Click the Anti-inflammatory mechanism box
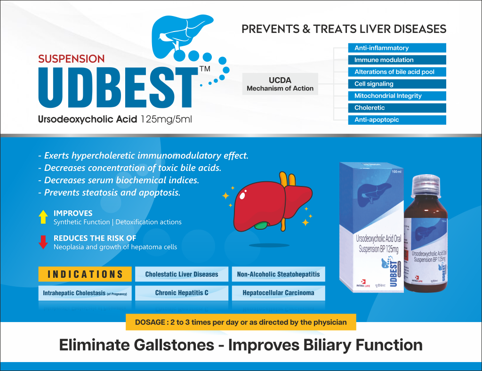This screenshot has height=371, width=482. click(397, 48)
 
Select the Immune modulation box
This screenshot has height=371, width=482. click(397, 60)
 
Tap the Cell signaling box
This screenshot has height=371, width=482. click(397, 84)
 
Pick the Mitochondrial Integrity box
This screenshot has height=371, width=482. click(397, 96)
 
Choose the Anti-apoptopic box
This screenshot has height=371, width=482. click(397, 120)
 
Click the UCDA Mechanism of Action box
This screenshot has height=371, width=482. click(280, 84)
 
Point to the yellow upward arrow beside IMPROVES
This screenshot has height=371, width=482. click(43, 217)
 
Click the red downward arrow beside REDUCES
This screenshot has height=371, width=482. click(43, 242)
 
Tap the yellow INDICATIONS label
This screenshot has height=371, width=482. click(85, 274)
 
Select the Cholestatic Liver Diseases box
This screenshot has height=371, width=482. click(182, 274)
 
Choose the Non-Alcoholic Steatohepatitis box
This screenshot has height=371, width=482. click(278, 274)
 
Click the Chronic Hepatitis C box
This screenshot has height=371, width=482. click(182, 293)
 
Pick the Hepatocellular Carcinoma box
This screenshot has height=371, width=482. click(278, 293)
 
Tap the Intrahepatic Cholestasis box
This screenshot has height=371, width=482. click(85, 293)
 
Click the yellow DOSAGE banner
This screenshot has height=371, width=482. click(241, 323)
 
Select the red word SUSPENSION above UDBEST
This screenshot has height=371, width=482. click(72, 59)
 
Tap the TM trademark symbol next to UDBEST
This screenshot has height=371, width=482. click(205, 69)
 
